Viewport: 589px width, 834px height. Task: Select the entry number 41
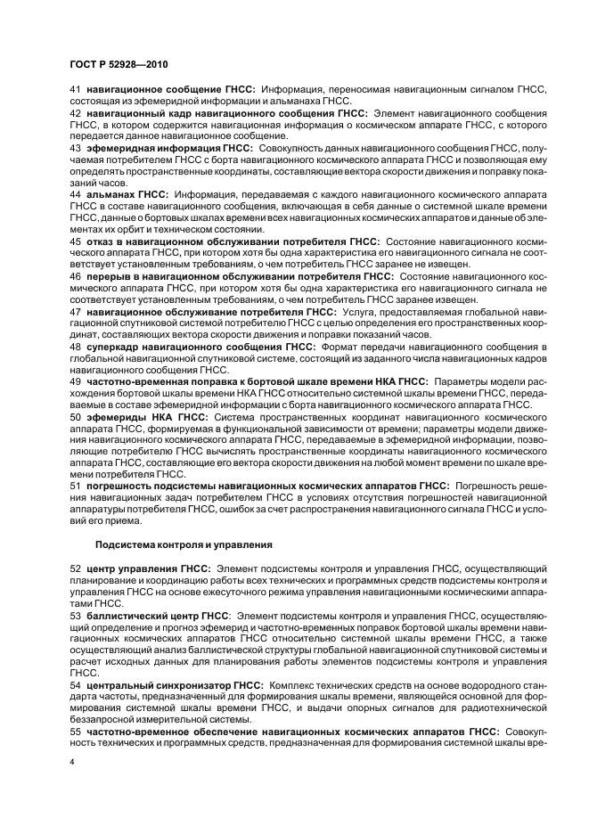(x=75, y=90)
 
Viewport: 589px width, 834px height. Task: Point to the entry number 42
(x=75, y=114)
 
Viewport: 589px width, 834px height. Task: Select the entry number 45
(x=75, y=241)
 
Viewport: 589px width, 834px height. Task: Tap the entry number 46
(x=75, y=277)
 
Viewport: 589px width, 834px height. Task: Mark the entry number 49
(x=75, y=381)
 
